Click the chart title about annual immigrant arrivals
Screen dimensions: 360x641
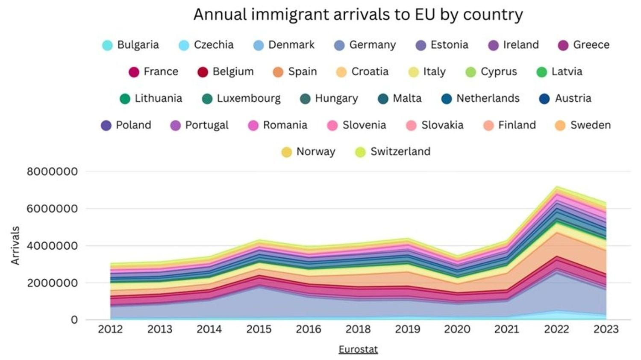pos(358,15)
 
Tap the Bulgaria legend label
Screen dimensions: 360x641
pos(138,45)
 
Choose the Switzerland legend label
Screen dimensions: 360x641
pos(400,151)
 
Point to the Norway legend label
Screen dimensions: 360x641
pos(315,151)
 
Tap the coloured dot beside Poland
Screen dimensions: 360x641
pos(106,125)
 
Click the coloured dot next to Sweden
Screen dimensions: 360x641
pos(560,125)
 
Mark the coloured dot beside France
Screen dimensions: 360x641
pos(134,72)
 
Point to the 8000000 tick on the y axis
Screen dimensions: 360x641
pos(52,171)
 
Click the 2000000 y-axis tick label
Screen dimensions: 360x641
pos(52,283)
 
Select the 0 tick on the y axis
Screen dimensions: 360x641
pos(74,320)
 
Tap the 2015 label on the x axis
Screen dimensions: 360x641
pos(259,329)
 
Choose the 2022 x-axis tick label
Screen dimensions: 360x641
pos(556,329)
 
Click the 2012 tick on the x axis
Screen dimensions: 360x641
pos(110,329)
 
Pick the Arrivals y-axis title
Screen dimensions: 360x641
pos(15,245)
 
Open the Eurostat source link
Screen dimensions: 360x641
pos(358,349)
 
